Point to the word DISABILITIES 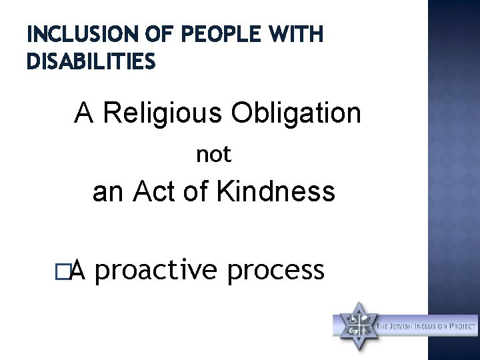[91, 62]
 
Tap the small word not [213, 155]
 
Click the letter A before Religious [84, 114]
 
